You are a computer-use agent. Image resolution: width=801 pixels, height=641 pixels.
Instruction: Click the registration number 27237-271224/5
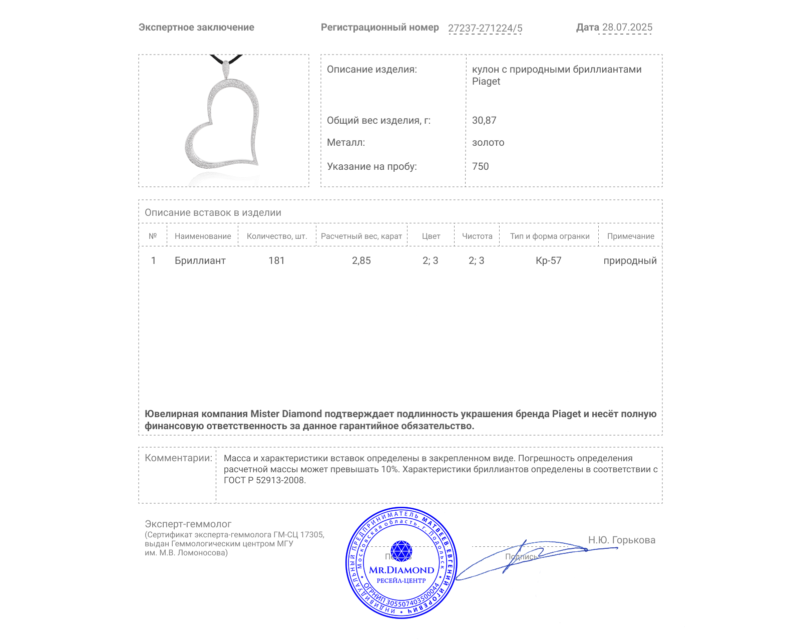coord(485,28)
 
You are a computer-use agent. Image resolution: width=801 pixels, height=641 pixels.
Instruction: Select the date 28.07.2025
coord(627,28)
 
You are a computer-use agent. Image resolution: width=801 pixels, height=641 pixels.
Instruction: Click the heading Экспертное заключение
coord(196,28)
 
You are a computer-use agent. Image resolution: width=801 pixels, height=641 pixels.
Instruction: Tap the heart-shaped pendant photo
coord(224,121)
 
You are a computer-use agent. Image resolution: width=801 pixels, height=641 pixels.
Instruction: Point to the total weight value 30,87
coord(484,120)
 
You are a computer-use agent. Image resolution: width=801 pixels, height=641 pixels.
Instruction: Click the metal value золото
coord(488,143)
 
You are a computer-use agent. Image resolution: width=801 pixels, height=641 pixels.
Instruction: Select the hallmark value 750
coord(480,166)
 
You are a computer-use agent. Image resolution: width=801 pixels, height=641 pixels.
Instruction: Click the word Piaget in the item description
coord(486,82)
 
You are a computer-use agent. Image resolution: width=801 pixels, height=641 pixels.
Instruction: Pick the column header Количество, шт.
coord(277,236)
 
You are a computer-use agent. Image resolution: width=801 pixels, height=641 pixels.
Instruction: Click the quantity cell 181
coord(276,260)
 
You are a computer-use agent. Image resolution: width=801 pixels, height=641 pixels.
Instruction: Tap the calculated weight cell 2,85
coord(361,260)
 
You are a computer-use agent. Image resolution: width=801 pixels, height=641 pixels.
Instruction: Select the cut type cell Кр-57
coord(548,260)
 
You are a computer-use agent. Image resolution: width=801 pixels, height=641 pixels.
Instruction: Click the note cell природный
coord(630,260)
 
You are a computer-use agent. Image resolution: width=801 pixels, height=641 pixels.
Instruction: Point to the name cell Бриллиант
coord(200,260)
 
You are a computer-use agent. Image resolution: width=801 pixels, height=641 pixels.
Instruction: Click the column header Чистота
coord(477,236)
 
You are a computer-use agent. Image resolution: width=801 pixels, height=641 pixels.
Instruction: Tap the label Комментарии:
coord(178,458)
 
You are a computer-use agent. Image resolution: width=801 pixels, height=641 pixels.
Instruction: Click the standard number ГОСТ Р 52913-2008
coord(264,480)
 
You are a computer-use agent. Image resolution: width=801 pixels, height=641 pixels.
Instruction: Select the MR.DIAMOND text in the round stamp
coord(402,570)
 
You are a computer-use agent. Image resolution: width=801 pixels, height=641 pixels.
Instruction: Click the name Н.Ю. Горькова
coord(621,540)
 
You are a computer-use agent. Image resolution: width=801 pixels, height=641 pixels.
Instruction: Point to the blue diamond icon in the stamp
coord(401,551)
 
